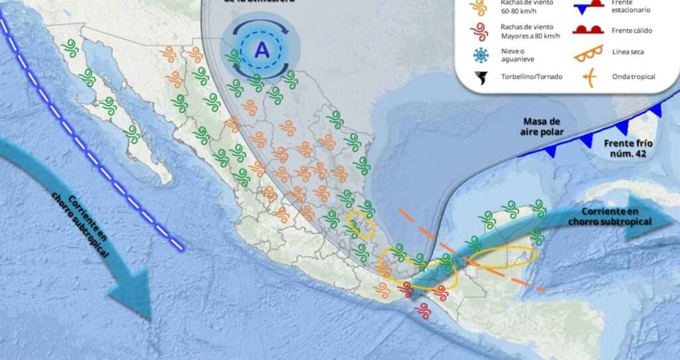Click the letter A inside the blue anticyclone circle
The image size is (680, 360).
point(263,49)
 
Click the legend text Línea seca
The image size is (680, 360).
point(630,52)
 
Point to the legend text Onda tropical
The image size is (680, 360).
point(634,76)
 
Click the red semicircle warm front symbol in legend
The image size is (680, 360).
point(587,30)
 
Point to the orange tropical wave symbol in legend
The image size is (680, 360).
point(588,76)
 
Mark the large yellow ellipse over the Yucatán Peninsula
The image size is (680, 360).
point(504,257)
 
